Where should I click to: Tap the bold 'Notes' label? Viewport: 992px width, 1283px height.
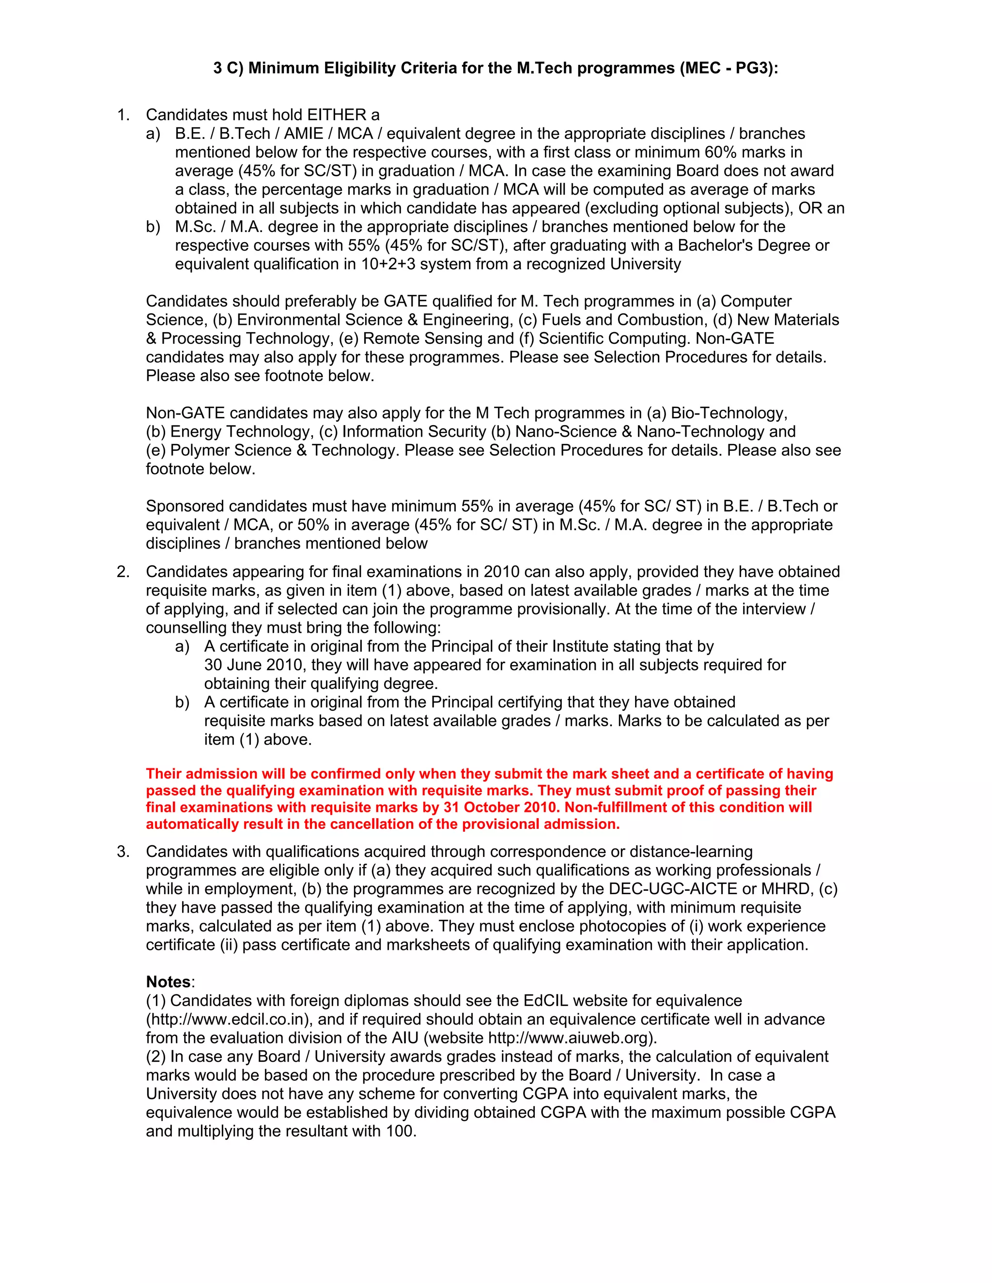click(168, 982)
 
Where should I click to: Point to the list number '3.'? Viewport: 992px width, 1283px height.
click(123, 852)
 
